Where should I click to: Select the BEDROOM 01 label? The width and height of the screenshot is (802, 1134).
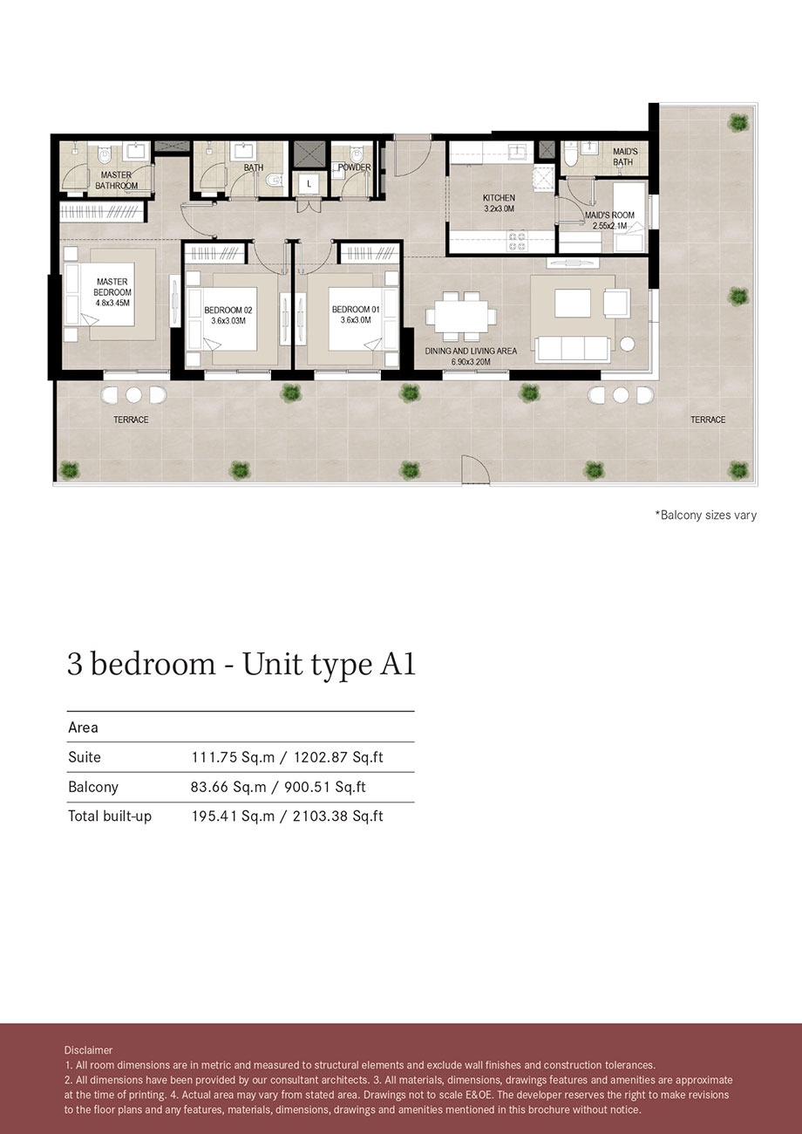[x=355, y=310]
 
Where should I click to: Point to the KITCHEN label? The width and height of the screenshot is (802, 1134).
[x=499, y=198]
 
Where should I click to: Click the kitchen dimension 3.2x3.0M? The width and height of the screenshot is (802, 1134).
[x=499, y=209]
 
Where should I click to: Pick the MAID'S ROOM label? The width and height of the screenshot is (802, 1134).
[x=610, y=215]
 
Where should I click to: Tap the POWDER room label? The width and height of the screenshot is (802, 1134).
[x=355, y=167]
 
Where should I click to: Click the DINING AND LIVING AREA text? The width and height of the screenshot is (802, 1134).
[x=471, y=351]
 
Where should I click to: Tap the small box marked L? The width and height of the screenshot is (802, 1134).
[x=309, y=184]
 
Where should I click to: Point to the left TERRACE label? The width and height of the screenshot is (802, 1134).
[x=131, y=420]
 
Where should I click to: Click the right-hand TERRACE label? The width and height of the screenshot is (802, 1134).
[x=708, y=420]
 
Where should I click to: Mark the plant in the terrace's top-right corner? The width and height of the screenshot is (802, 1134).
[x=738, y=121]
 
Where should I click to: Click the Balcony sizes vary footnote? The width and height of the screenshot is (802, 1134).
[x=705, y=516]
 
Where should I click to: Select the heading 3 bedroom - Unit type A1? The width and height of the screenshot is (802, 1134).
[x=241, y=665]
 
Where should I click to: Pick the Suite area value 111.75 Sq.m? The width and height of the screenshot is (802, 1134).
[x=229, y=757]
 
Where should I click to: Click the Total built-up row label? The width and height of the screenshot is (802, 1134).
[x=110, y=816]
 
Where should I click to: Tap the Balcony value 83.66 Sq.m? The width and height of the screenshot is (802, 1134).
[x=228, y=787]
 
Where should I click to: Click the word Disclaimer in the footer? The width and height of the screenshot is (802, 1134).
[x=88, y=1050]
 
